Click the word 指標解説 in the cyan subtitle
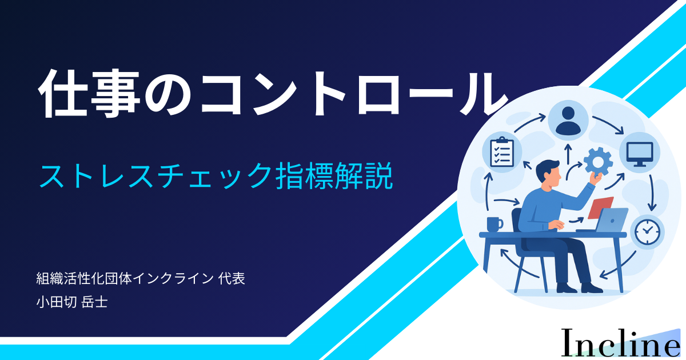334,176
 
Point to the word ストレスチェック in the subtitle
155,176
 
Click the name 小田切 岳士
72,302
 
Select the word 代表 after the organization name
232,279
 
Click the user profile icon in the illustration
568,121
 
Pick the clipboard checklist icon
502,152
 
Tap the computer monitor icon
640,153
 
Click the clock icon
647,233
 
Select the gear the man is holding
598,162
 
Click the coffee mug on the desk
494,224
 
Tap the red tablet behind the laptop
601,207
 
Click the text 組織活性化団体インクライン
125,279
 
